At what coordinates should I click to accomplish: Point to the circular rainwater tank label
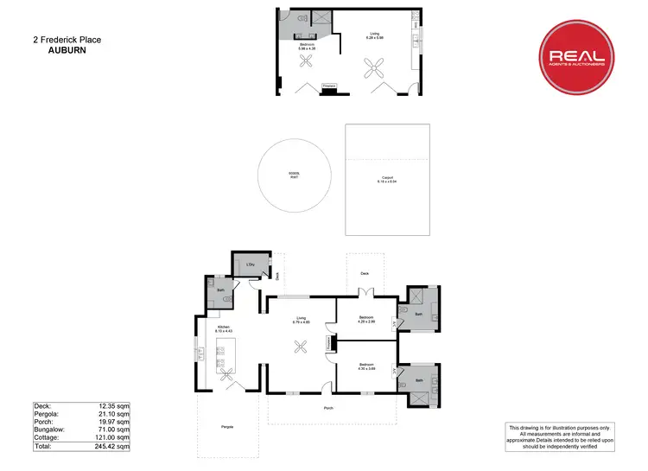pos(294,175)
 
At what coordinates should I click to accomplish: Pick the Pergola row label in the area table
pos(48,413)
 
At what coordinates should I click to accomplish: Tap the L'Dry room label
pos(249,263)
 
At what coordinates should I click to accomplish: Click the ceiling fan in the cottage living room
pos(301,347)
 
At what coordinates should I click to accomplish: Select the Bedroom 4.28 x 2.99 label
pos(366,319)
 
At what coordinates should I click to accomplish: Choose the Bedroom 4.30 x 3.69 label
pos(366,366)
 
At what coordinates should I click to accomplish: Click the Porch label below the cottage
pos(328,408)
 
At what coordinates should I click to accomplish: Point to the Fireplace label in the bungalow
pos(329,85)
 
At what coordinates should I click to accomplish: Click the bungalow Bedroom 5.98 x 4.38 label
pos(307,46)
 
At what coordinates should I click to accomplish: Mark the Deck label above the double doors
pos(365,272)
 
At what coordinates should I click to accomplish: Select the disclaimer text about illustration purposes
pos(571,436)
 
